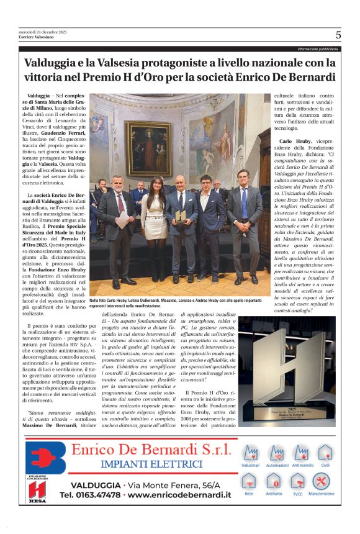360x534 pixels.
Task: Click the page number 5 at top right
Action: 338,35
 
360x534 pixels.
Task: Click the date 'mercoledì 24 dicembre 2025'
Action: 42,32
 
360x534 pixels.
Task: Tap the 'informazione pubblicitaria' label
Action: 317,48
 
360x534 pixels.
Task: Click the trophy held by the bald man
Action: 180,216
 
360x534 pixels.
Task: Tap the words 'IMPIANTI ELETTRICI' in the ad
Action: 152,464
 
